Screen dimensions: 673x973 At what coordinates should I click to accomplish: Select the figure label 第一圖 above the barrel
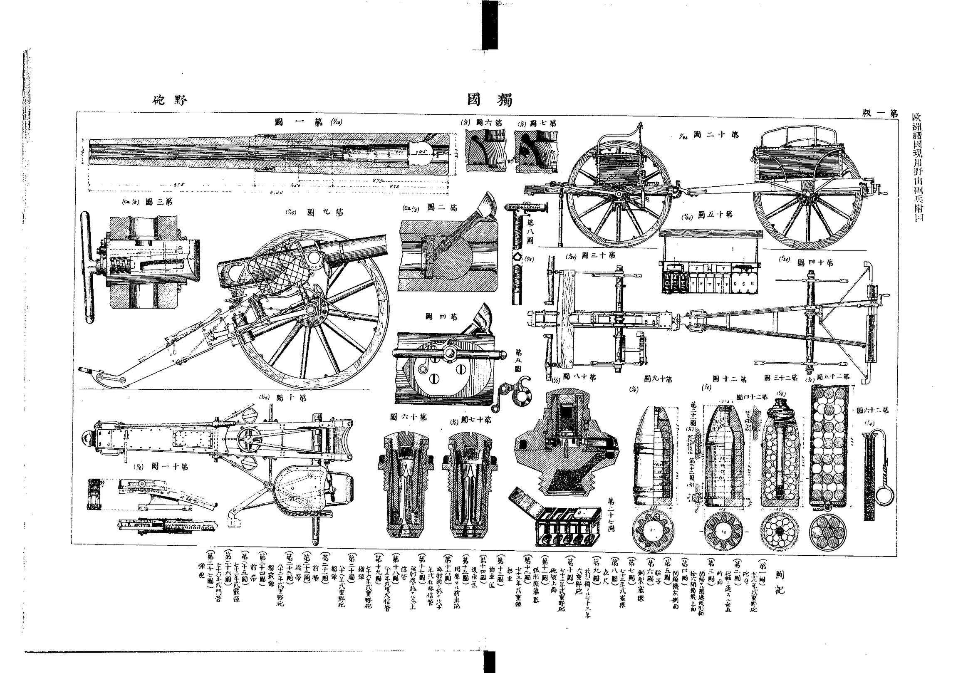(298, 122)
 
